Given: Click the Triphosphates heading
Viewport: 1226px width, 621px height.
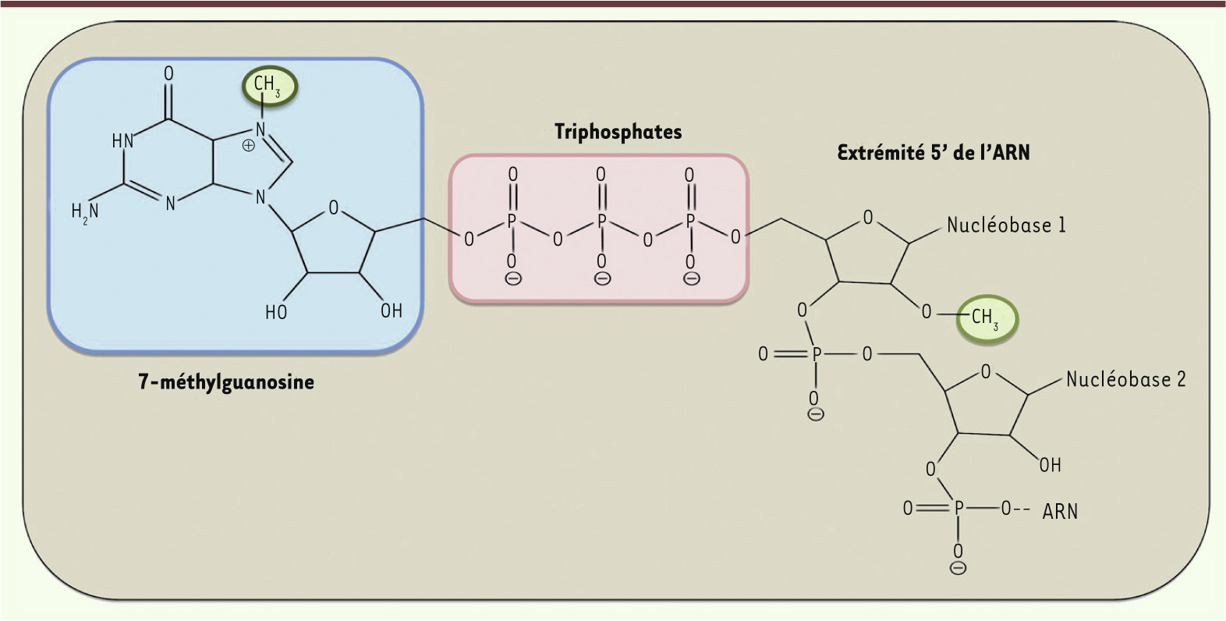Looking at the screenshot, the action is (x=618, y=133).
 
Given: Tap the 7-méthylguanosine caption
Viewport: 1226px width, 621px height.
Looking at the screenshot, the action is (x=226, y=381).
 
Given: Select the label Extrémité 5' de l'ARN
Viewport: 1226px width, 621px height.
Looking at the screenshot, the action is (x=934, y=152).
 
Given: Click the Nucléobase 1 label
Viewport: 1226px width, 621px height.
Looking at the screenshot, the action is (x=1007, y=225).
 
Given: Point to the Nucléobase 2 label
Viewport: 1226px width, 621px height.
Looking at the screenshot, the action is (x=1126, y=379).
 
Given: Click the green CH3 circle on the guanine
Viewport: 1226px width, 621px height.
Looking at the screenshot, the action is (x=269, y=86).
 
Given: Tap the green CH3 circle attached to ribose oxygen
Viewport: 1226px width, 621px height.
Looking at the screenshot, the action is (x=987, y=319).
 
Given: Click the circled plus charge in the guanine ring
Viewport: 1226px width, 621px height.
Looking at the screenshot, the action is (x=249, y=146).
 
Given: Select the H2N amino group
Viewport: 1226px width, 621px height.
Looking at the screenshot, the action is (x=85, y=211).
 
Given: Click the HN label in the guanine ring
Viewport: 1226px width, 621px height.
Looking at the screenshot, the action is (x=122, y=140).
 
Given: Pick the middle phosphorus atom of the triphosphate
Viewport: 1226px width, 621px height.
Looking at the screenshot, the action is (x=601, y=222).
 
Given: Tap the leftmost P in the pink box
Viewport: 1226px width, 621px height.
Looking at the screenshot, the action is (x=512, y=222).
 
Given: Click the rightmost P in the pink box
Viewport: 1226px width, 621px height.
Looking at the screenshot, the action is (x=690, y=222).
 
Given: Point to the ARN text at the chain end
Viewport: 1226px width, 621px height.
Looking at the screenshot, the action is (x=1060, y=512).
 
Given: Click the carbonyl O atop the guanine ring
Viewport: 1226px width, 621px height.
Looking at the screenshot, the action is (x=168, y=73).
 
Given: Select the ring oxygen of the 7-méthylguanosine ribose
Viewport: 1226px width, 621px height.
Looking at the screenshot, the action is (x=333, y=208).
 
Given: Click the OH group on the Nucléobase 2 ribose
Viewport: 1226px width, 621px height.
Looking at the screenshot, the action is (x=1051, y=465).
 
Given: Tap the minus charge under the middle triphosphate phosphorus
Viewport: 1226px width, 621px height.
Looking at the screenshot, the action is (x=602, y=279).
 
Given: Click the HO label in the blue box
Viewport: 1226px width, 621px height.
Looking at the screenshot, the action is (x=276, y=312).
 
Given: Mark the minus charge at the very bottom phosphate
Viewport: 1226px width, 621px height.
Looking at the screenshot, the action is (x=958, y=569).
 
